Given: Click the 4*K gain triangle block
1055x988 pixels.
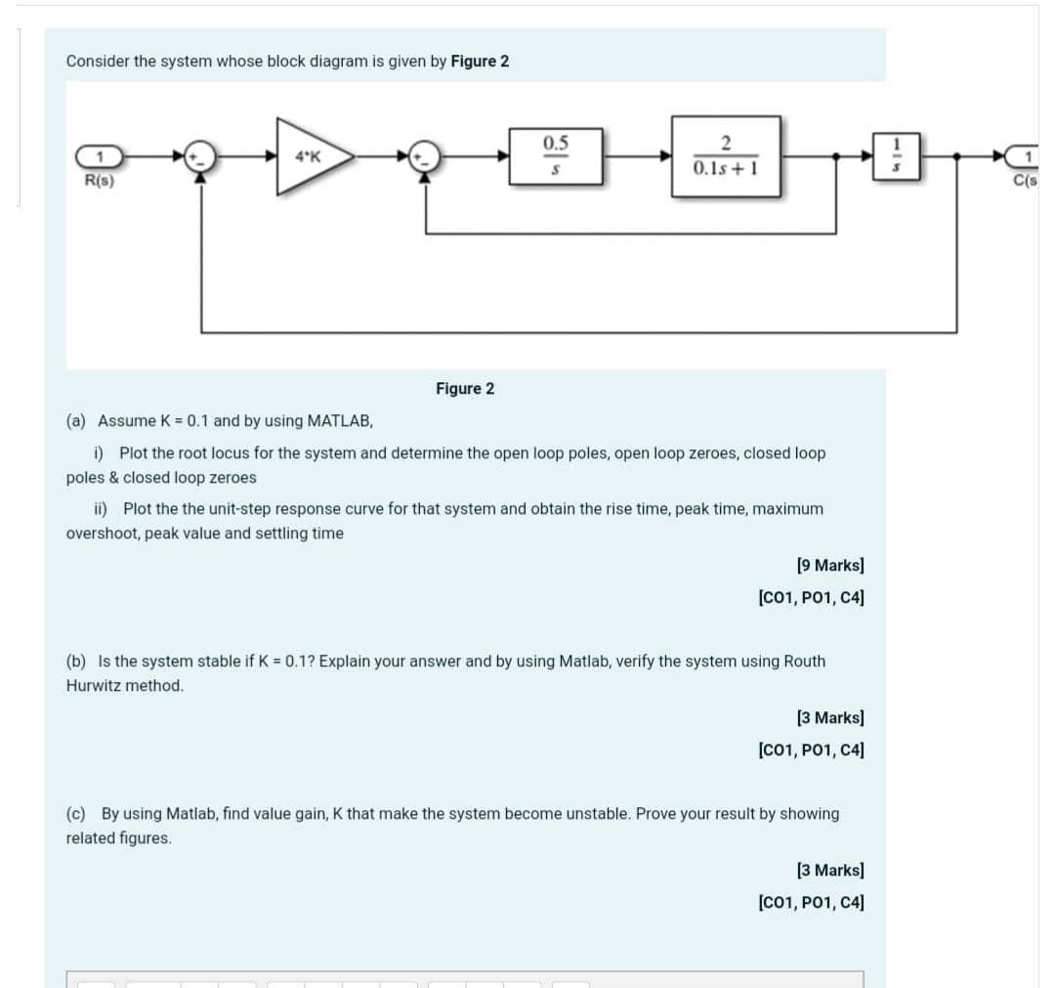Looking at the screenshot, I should (311, 155).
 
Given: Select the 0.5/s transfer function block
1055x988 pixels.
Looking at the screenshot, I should (555, 155).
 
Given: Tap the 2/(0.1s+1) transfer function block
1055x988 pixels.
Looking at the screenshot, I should (725, 156).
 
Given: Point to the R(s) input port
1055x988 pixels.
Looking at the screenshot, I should (99, 156).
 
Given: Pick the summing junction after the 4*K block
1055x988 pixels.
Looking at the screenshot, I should (425, 156).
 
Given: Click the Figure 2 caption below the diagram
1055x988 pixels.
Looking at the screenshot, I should (465, 389).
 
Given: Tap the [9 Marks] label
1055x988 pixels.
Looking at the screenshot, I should (829, 565).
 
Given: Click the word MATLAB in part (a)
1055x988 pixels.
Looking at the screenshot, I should (340, 421).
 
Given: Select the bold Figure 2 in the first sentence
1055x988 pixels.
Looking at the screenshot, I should (480, 62).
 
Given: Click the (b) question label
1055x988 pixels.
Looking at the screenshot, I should (74, 662).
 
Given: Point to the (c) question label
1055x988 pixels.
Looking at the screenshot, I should (74, 814).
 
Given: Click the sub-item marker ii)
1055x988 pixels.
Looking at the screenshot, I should (101, 509).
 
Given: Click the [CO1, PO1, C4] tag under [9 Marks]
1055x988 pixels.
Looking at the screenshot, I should (810, 596).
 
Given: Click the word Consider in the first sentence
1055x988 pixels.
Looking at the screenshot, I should (97, 62).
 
